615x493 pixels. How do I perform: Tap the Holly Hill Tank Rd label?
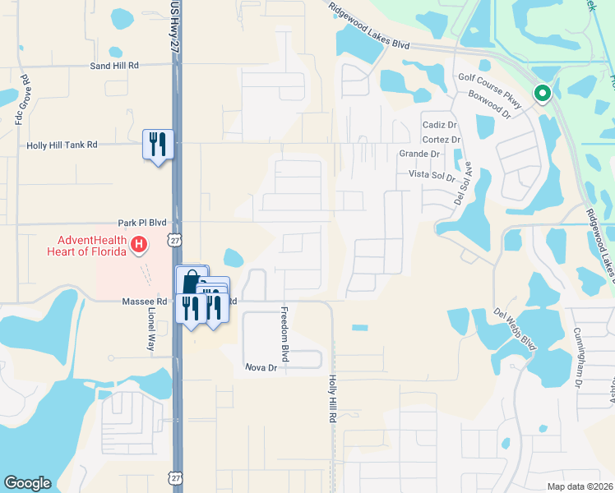coord(62,145)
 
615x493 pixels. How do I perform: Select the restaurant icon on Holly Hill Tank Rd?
coord(156,145)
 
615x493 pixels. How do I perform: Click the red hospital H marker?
coord(140,244)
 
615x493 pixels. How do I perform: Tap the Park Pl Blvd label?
coord(142,223)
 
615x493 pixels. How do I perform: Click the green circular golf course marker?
coord(542,94)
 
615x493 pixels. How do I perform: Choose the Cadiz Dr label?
coord(439,125)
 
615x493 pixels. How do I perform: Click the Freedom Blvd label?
coord(285,334)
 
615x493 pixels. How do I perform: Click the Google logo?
coord(27,483)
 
